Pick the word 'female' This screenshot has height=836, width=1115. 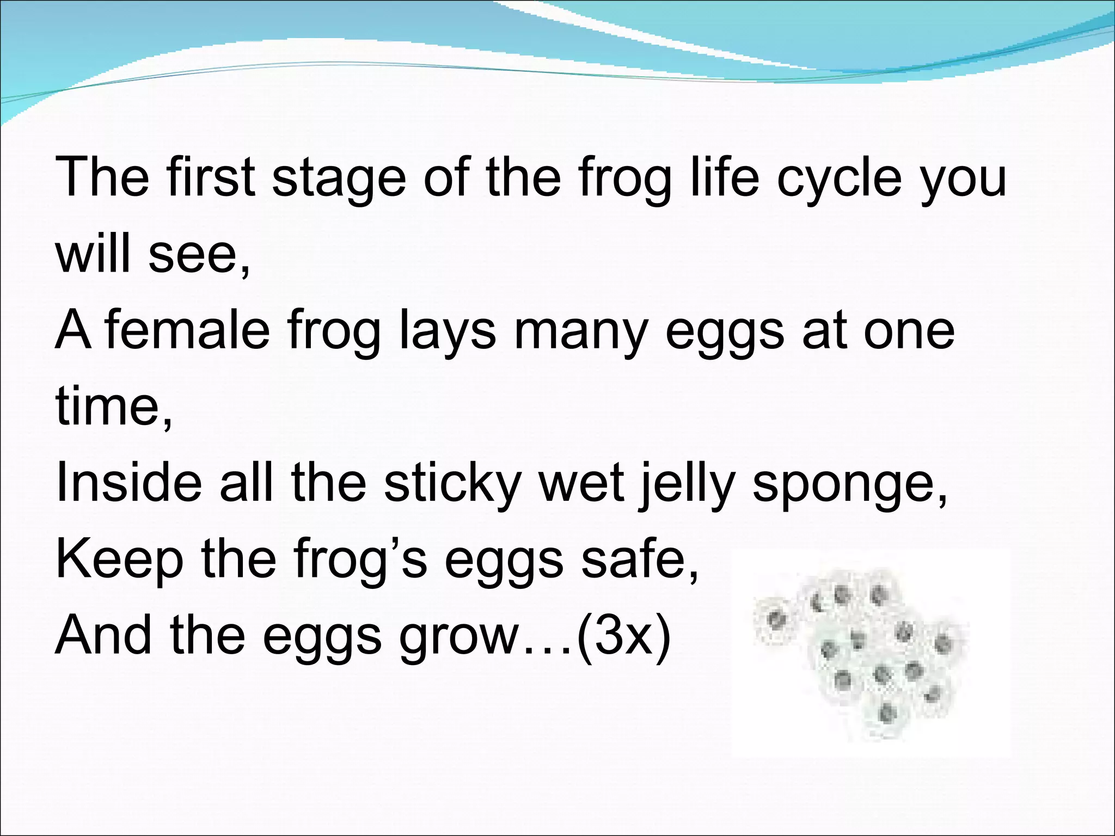pos(188,329)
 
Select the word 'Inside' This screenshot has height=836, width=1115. pos(129,482)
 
